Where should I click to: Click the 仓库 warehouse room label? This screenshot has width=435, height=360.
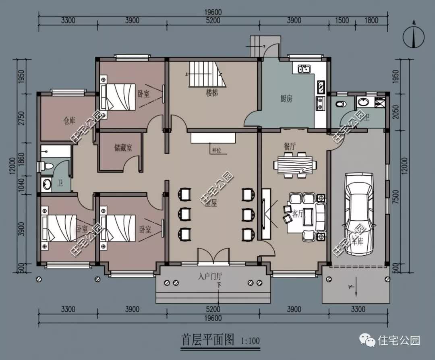point(69,120)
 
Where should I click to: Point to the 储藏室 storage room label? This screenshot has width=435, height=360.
point(123,148)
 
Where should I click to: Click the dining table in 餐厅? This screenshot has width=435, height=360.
point(295,165)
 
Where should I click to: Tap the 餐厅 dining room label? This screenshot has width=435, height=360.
point(290,147)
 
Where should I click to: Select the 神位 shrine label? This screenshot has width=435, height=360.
point(216,151)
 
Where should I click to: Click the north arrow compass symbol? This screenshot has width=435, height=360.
point(414,37)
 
